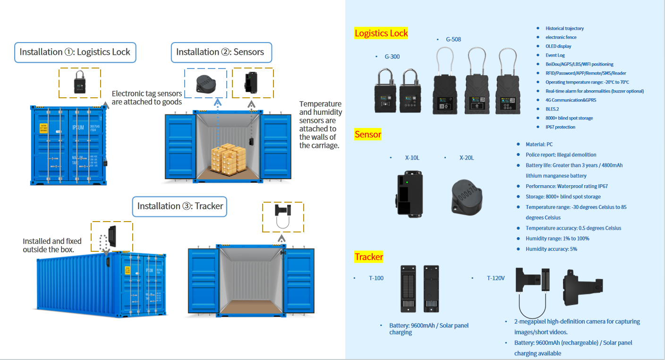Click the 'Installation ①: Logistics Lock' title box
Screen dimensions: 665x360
75,52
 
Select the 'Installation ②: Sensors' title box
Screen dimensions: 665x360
222,52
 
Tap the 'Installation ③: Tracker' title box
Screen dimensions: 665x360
179,206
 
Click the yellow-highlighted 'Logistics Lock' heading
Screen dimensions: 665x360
381,33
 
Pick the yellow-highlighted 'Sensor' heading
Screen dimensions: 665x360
368,135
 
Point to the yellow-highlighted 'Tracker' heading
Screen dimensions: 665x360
369,257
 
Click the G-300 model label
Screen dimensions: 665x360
392,57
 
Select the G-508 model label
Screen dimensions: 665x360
453,40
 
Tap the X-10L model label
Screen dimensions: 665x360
412,158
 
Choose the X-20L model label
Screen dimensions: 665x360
467,158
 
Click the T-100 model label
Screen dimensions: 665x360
376,278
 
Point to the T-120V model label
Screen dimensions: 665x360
496,278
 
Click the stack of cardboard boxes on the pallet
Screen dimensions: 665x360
228,159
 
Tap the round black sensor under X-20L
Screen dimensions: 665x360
467,197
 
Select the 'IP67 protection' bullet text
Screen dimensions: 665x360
560,127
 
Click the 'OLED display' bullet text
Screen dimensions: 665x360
558,46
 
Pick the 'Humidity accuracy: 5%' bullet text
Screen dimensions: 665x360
551,249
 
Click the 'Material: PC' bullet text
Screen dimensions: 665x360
539,145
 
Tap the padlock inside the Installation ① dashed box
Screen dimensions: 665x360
79,82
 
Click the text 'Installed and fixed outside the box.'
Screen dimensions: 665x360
52,245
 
